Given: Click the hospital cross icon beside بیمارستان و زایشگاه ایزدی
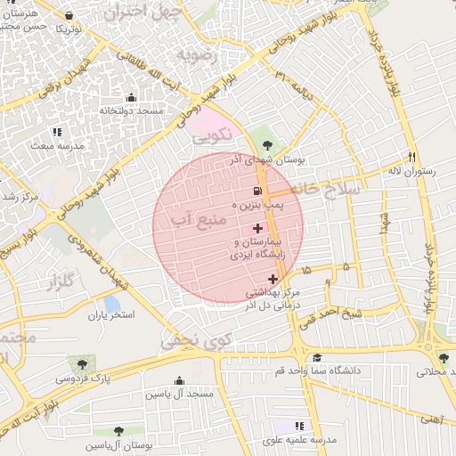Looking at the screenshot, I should pyautogui.click(x=258, y=229).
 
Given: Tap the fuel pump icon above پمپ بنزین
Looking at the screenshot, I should pyautogui.click(x=256, y=191).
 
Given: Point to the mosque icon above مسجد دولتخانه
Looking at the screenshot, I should pyautogui.click(x=132, y=98).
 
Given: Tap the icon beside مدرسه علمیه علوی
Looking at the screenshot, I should pyautogui.click(x=298, y=427).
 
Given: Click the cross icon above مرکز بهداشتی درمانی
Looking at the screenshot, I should pyautogui.click(x=273, y=280).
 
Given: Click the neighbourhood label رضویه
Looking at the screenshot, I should pyautogui.click(x=197, y=55).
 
